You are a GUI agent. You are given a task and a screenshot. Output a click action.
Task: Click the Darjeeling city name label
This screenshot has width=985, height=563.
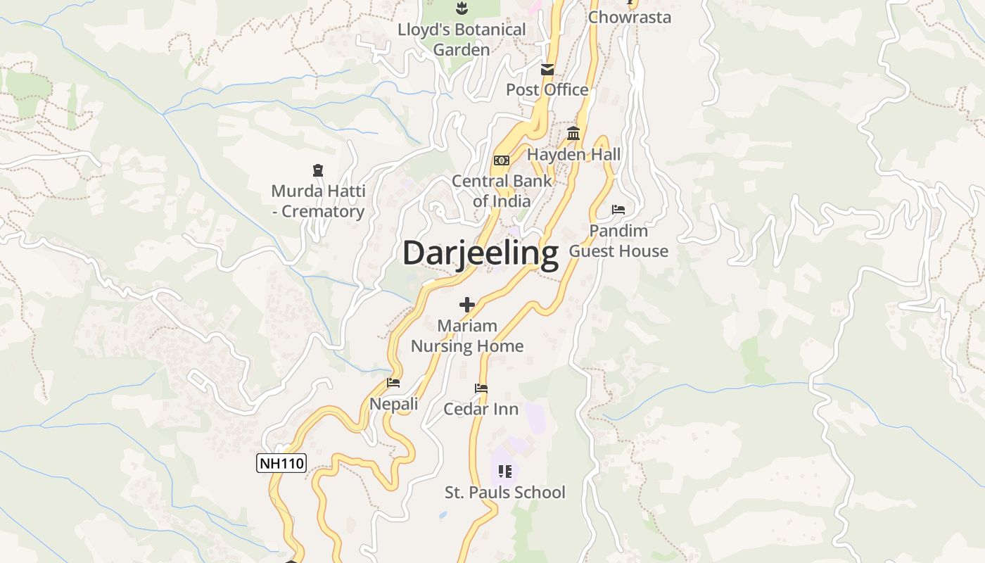click(481, 253)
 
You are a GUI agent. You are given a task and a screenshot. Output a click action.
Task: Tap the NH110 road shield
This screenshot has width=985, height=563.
click(281, 463)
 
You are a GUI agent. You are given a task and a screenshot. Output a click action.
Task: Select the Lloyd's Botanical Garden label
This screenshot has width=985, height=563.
click(462, 39)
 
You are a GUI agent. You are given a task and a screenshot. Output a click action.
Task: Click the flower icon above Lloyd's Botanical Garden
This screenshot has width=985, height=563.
click(462, 8)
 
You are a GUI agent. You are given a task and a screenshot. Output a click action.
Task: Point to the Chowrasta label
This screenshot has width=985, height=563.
click(630, 17)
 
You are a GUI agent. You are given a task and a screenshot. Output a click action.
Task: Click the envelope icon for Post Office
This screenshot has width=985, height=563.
click(547, 70)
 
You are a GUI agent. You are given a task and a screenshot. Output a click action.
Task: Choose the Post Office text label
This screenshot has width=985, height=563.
click(547, 89)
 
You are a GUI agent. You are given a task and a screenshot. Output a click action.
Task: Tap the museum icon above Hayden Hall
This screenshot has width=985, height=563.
click(573, 134)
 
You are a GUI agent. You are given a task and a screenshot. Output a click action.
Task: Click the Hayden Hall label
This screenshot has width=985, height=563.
click(574, 154)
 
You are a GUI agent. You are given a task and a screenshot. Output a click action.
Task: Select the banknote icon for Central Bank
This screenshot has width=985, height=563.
click(501, 160)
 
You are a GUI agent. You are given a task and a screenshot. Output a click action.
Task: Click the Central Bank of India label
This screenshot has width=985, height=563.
click(502, 191)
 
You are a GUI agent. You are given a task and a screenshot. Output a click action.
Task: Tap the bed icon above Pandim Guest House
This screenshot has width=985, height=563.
click(618, 210)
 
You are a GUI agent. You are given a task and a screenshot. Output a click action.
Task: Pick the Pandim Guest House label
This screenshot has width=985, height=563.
click(618, 241)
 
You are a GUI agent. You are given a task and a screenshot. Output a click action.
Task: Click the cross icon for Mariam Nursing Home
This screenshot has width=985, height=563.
click(466, 305)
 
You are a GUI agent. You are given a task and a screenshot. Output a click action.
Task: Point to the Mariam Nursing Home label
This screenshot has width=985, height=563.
click(467, 336)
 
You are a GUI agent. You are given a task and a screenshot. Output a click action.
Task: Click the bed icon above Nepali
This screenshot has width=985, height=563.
click(393, 383)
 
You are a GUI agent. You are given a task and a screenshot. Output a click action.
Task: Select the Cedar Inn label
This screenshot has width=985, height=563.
click(481, 409)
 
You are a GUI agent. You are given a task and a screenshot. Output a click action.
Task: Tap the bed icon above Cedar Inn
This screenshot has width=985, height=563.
click(481, 388)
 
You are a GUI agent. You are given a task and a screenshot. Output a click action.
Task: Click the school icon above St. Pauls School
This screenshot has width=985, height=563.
click(504, 471)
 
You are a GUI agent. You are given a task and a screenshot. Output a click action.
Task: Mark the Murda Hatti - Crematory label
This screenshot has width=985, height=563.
click(318, 201)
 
